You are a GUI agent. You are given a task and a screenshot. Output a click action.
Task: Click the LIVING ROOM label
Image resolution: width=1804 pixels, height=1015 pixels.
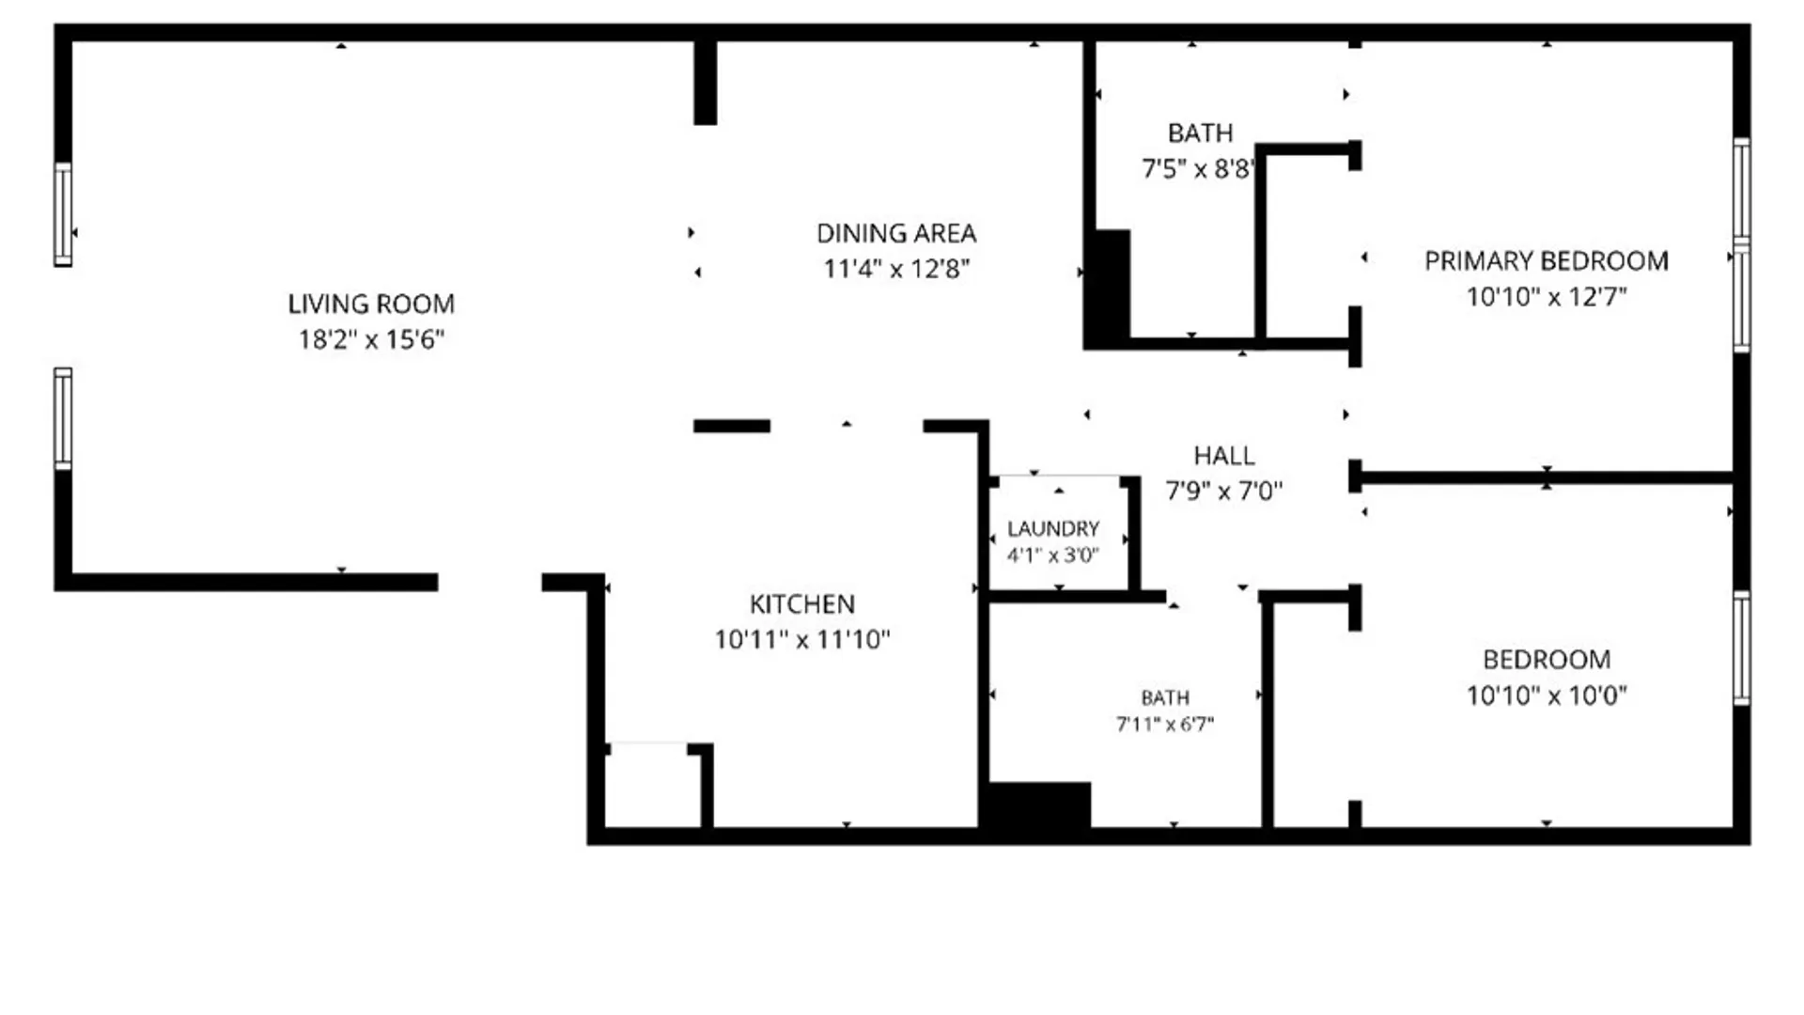click(371, 304)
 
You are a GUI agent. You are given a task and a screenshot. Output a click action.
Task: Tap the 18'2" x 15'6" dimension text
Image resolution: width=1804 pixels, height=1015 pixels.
click(371, 339)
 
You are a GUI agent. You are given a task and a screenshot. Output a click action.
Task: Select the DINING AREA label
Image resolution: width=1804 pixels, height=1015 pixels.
click(896, 233)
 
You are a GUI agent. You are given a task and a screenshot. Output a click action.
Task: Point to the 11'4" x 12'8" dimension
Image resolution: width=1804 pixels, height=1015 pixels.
click(896, 269)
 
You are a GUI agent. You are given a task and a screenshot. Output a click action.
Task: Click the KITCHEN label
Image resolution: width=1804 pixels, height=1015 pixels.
click(802, 604)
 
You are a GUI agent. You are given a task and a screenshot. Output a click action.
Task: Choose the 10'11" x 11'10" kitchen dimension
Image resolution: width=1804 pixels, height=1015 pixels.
click(802, 640)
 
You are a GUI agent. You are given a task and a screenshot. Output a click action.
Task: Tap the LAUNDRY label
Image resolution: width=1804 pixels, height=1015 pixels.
click(1053, 529)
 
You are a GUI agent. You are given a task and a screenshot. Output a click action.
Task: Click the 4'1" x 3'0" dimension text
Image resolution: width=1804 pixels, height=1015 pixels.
click(1053, 555)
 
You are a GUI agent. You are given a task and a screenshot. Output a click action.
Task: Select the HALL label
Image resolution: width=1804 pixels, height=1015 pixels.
click(1224, 456)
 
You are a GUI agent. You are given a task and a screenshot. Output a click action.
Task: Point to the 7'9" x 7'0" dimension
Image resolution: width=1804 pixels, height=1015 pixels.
click(1224, 491)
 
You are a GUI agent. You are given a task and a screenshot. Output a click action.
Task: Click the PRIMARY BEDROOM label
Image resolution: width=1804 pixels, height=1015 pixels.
click(1547, 261)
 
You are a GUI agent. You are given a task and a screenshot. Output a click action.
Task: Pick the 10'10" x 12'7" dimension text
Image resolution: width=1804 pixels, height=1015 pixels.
click(1547, 297)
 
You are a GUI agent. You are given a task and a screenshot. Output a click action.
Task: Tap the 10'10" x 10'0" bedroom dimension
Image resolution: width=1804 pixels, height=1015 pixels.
click(1547, 695)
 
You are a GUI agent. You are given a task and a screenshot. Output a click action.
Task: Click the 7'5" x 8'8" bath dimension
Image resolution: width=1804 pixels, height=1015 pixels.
click(1198, 169)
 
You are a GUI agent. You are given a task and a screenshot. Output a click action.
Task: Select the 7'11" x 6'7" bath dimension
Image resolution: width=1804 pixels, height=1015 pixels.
click(1165, 725)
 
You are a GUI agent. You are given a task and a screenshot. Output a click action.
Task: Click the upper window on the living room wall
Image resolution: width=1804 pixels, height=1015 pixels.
click(63, 214)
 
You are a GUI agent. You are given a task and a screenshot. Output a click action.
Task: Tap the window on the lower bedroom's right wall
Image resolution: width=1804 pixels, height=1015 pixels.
click(1741, 648)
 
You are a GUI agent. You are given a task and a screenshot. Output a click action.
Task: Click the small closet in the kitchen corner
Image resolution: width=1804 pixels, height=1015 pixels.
click(652, 788)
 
